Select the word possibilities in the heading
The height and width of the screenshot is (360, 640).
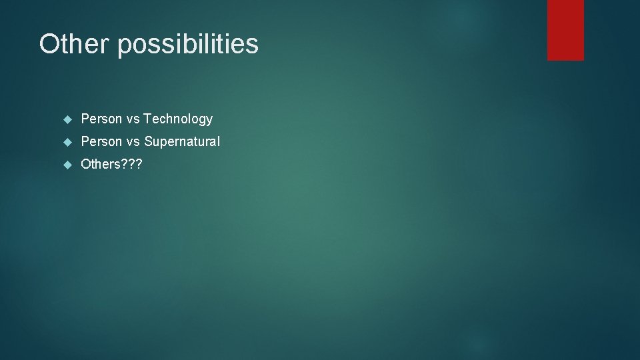click(x=189, y=45)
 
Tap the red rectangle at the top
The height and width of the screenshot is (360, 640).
click(x=565, y=30)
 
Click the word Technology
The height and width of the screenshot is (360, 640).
click(x=178, y=119)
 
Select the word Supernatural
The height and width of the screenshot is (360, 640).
click(x=181, y=142)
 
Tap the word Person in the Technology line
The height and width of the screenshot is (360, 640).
click(x=101, y=119)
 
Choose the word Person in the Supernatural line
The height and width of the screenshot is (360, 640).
click(x=101, y=142)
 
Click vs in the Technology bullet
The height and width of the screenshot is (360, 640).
click(x=133, y=119)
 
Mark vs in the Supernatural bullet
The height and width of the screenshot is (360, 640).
click(x=133, y=142)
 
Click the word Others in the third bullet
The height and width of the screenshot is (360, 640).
click(x=100, y=165)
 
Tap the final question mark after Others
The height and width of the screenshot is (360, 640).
click(x=139, y=165)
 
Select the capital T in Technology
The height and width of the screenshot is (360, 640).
click(x=147, y=119)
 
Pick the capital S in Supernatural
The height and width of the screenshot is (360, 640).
click(x=148, y=142)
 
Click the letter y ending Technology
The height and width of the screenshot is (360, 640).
click(x=209, y=121)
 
